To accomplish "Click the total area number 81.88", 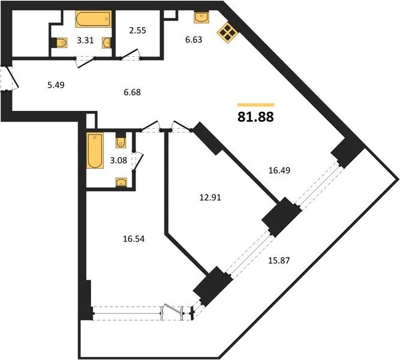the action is [255, 117].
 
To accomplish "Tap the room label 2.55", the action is [137, 31].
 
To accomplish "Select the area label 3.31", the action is [86, 40].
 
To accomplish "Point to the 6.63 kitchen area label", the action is [194, 40].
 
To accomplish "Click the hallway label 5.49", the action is [56, 85].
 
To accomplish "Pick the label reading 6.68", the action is [132, 92].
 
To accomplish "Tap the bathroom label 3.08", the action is [118, 160].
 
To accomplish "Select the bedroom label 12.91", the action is [210, 197].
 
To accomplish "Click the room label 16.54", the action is [134, 239].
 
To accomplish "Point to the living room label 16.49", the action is [279, 170].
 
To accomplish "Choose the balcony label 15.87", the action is [279, 260].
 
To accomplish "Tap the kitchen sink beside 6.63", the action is [201, 17].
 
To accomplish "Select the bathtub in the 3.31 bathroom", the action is [94, 19].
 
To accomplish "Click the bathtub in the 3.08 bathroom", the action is [95, 151].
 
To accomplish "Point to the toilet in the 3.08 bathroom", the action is [121, 140].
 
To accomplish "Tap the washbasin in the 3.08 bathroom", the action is [121, 183].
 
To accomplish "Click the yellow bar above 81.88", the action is [256, 104].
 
